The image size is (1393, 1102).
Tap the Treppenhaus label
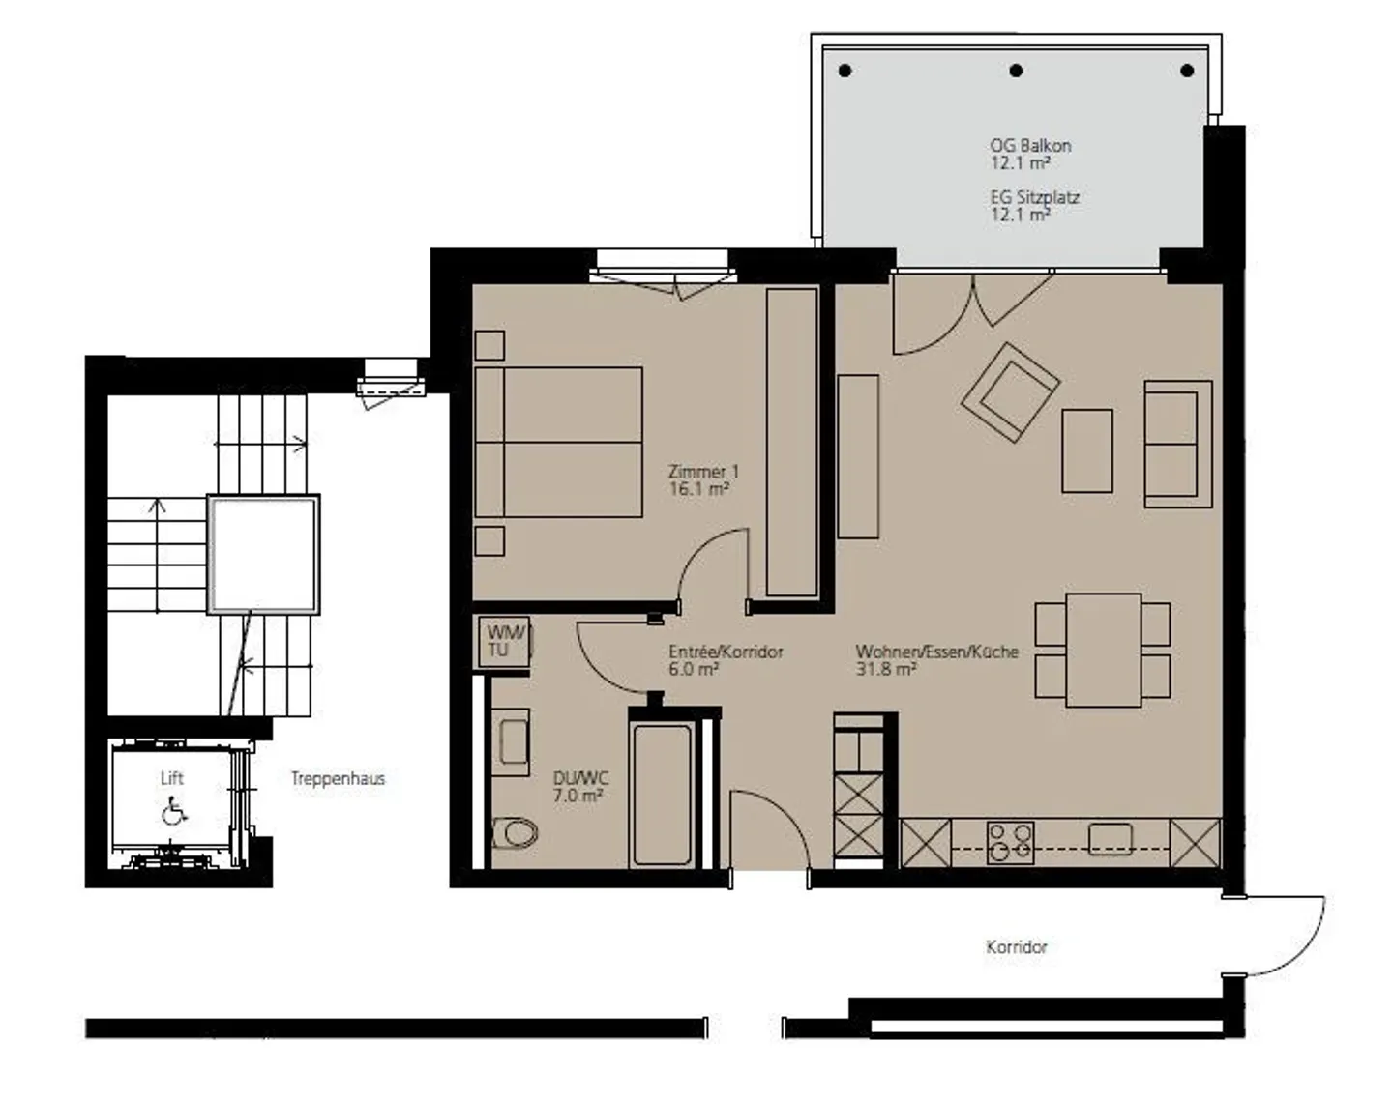click(338, 778)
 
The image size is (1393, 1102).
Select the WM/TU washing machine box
click(504, 642)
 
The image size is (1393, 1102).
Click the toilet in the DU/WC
click(516, 833)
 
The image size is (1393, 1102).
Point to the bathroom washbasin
click(512, 742)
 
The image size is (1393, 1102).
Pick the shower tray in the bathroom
click(663, 796)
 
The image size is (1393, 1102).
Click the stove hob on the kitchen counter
click(1011, 843)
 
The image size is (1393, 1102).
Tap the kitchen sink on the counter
click(1111, 839)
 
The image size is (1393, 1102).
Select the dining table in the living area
click(1103, 650)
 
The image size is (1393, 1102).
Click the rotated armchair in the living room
click(1011, 392)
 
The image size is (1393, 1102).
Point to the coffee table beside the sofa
click(1086, 451)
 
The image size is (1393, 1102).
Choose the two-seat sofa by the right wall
click(1178, 444)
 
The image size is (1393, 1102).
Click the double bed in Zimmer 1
click(558, 443)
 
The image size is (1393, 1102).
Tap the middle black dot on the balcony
click(1017, 71)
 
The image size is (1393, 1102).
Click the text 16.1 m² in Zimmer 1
click(699, 488)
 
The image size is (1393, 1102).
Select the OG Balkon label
click(1030, 146)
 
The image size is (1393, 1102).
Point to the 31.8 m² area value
click(886, 668)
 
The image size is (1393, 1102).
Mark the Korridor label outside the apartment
click(1017, 947)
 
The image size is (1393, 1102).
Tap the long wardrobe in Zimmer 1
click(791, 443)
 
